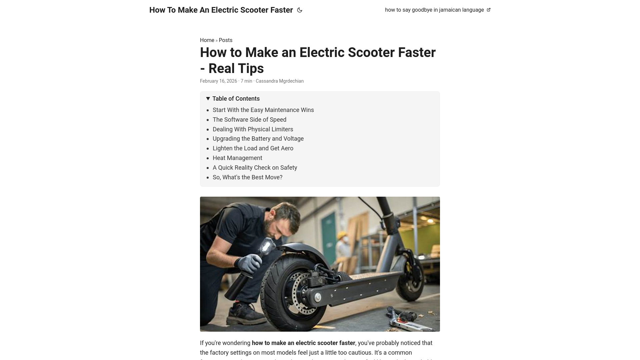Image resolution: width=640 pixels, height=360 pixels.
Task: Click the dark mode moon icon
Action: pos(300,10)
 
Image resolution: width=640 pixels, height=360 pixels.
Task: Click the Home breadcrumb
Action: pos(207,40)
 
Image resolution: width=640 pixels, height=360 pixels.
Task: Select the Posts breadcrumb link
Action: pos(225,40)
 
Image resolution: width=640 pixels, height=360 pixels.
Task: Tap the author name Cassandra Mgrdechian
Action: pos(279,81)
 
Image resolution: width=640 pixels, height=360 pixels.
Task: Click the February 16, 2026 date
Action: pos(218,81)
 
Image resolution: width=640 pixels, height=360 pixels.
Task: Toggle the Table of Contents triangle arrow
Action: pos(208,99)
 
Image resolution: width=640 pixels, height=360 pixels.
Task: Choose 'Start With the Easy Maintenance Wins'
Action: pos(263,110)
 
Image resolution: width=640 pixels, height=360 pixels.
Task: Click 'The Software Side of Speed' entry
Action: pos(249,120)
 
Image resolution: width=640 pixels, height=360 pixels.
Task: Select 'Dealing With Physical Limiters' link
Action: pos(253,129)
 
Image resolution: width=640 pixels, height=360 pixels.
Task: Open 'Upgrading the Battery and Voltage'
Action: pos(258,139)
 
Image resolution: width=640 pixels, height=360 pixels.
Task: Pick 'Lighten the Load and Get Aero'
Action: pos(253,148)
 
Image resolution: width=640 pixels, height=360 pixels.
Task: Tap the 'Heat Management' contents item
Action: pos(237,158)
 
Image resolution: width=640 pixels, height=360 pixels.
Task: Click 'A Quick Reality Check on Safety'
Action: pos(255,168)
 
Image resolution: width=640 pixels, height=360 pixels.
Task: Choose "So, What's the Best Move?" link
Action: pos(247,177)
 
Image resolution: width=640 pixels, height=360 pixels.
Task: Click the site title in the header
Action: pos(221,10)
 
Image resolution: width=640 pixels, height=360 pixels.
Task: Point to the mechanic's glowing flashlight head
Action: pos(266,246)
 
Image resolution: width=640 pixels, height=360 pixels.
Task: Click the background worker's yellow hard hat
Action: pos(341,235)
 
